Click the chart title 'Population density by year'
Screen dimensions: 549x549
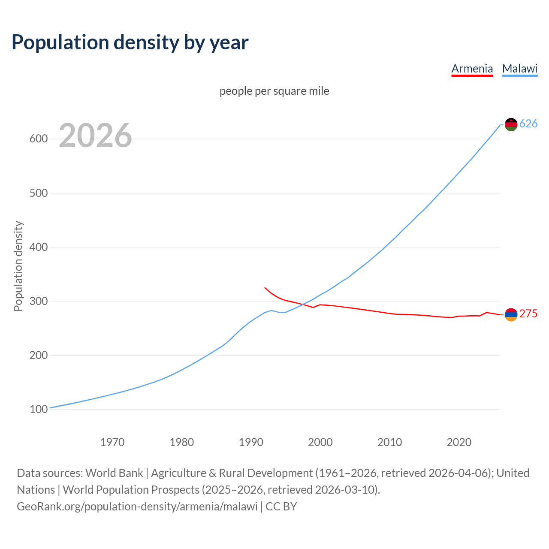(x=130, y=42)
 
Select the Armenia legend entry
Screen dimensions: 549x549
(x=472, y=69)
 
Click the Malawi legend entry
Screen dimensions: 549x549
(x=519, y=69)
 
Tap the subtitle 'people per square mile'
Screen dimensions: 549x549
(x=274, y=91)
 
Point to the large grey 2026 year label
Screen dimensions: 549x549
(x=95, y=136)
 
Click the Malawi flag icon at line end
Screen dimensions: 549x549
(x=511, y=124)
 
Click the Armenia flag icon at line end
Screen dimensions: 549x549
(x=511, y=314)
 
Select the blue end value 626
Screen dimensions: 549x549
(x=528, y=124)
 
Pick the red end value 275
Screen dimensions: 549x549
(x=528, y=314)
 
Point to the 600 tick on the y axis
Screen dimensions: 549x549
(x=39, y=139)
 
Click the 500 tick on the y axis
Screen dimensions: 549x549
(x=39, y=193)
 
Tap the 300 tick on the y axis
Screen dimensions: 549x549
(x=39, y=301)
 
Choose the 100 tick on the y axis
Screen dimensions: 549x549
(x=39, y=409)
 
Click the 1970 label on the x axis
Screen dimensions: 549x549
(x=112, y=442)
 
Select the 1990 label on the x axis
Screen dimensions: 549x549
(x=251, y=442)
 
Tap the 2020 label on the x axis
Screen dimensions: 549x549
(x=459, y=442)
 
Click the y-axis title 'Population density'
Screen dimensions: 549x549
(x=18, y=266)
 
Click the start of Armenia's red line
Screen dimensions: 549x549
(x=265, y=287)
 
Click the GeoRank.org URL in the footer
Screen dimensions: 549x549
(x=137, y=507)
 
